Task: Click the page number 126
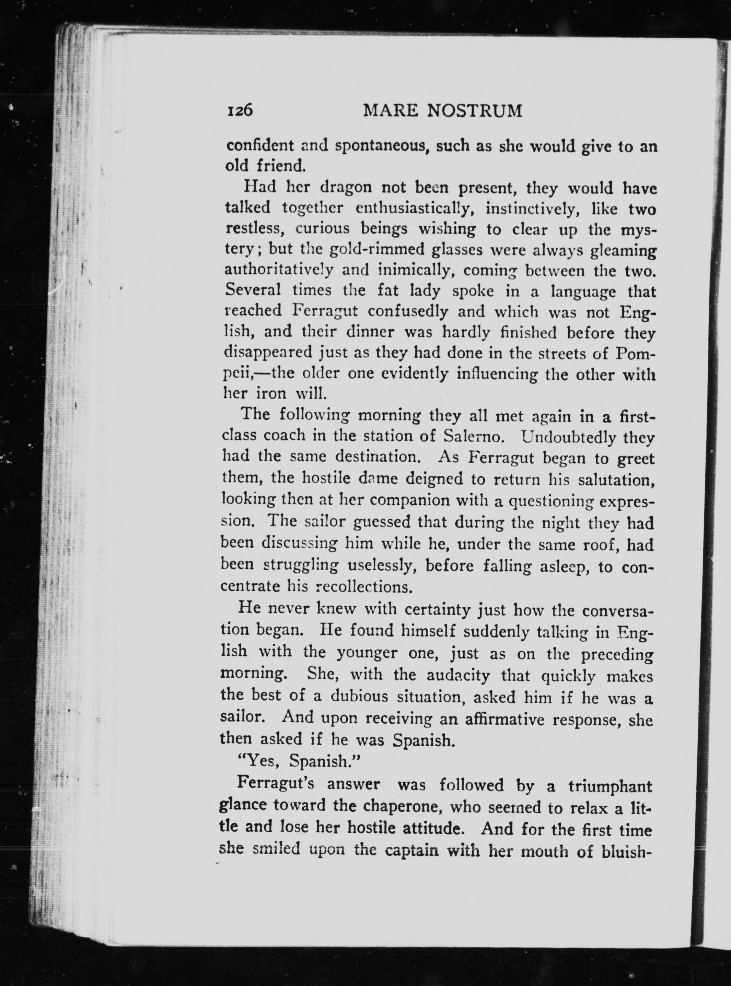pyautogui.click(x=240, y=110)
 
